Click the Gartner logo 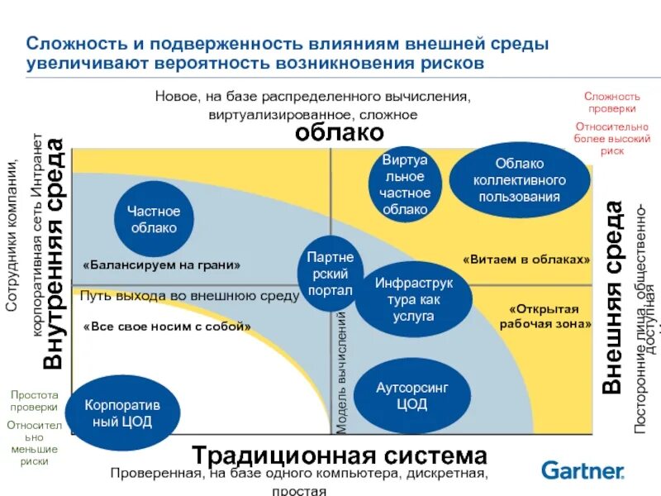pyautogui.click(x=583, y=470)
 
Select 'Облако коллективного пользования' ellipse pyautogui.click(x=518, y=180)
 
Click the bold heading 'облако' pyautogui.click(x=340, y=132)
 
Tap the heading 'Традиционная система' pyautogui.click(x=340, y=455)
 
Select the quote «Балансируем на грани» pyautogui.click(x=162, y=265)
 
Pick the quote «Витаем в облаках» pyautogui.click(x=526, y=259)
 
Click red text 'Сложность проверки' pyautogui.click(x=611, y=102)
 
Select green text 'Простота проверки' pyautogui.click(x=34, y=401)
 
